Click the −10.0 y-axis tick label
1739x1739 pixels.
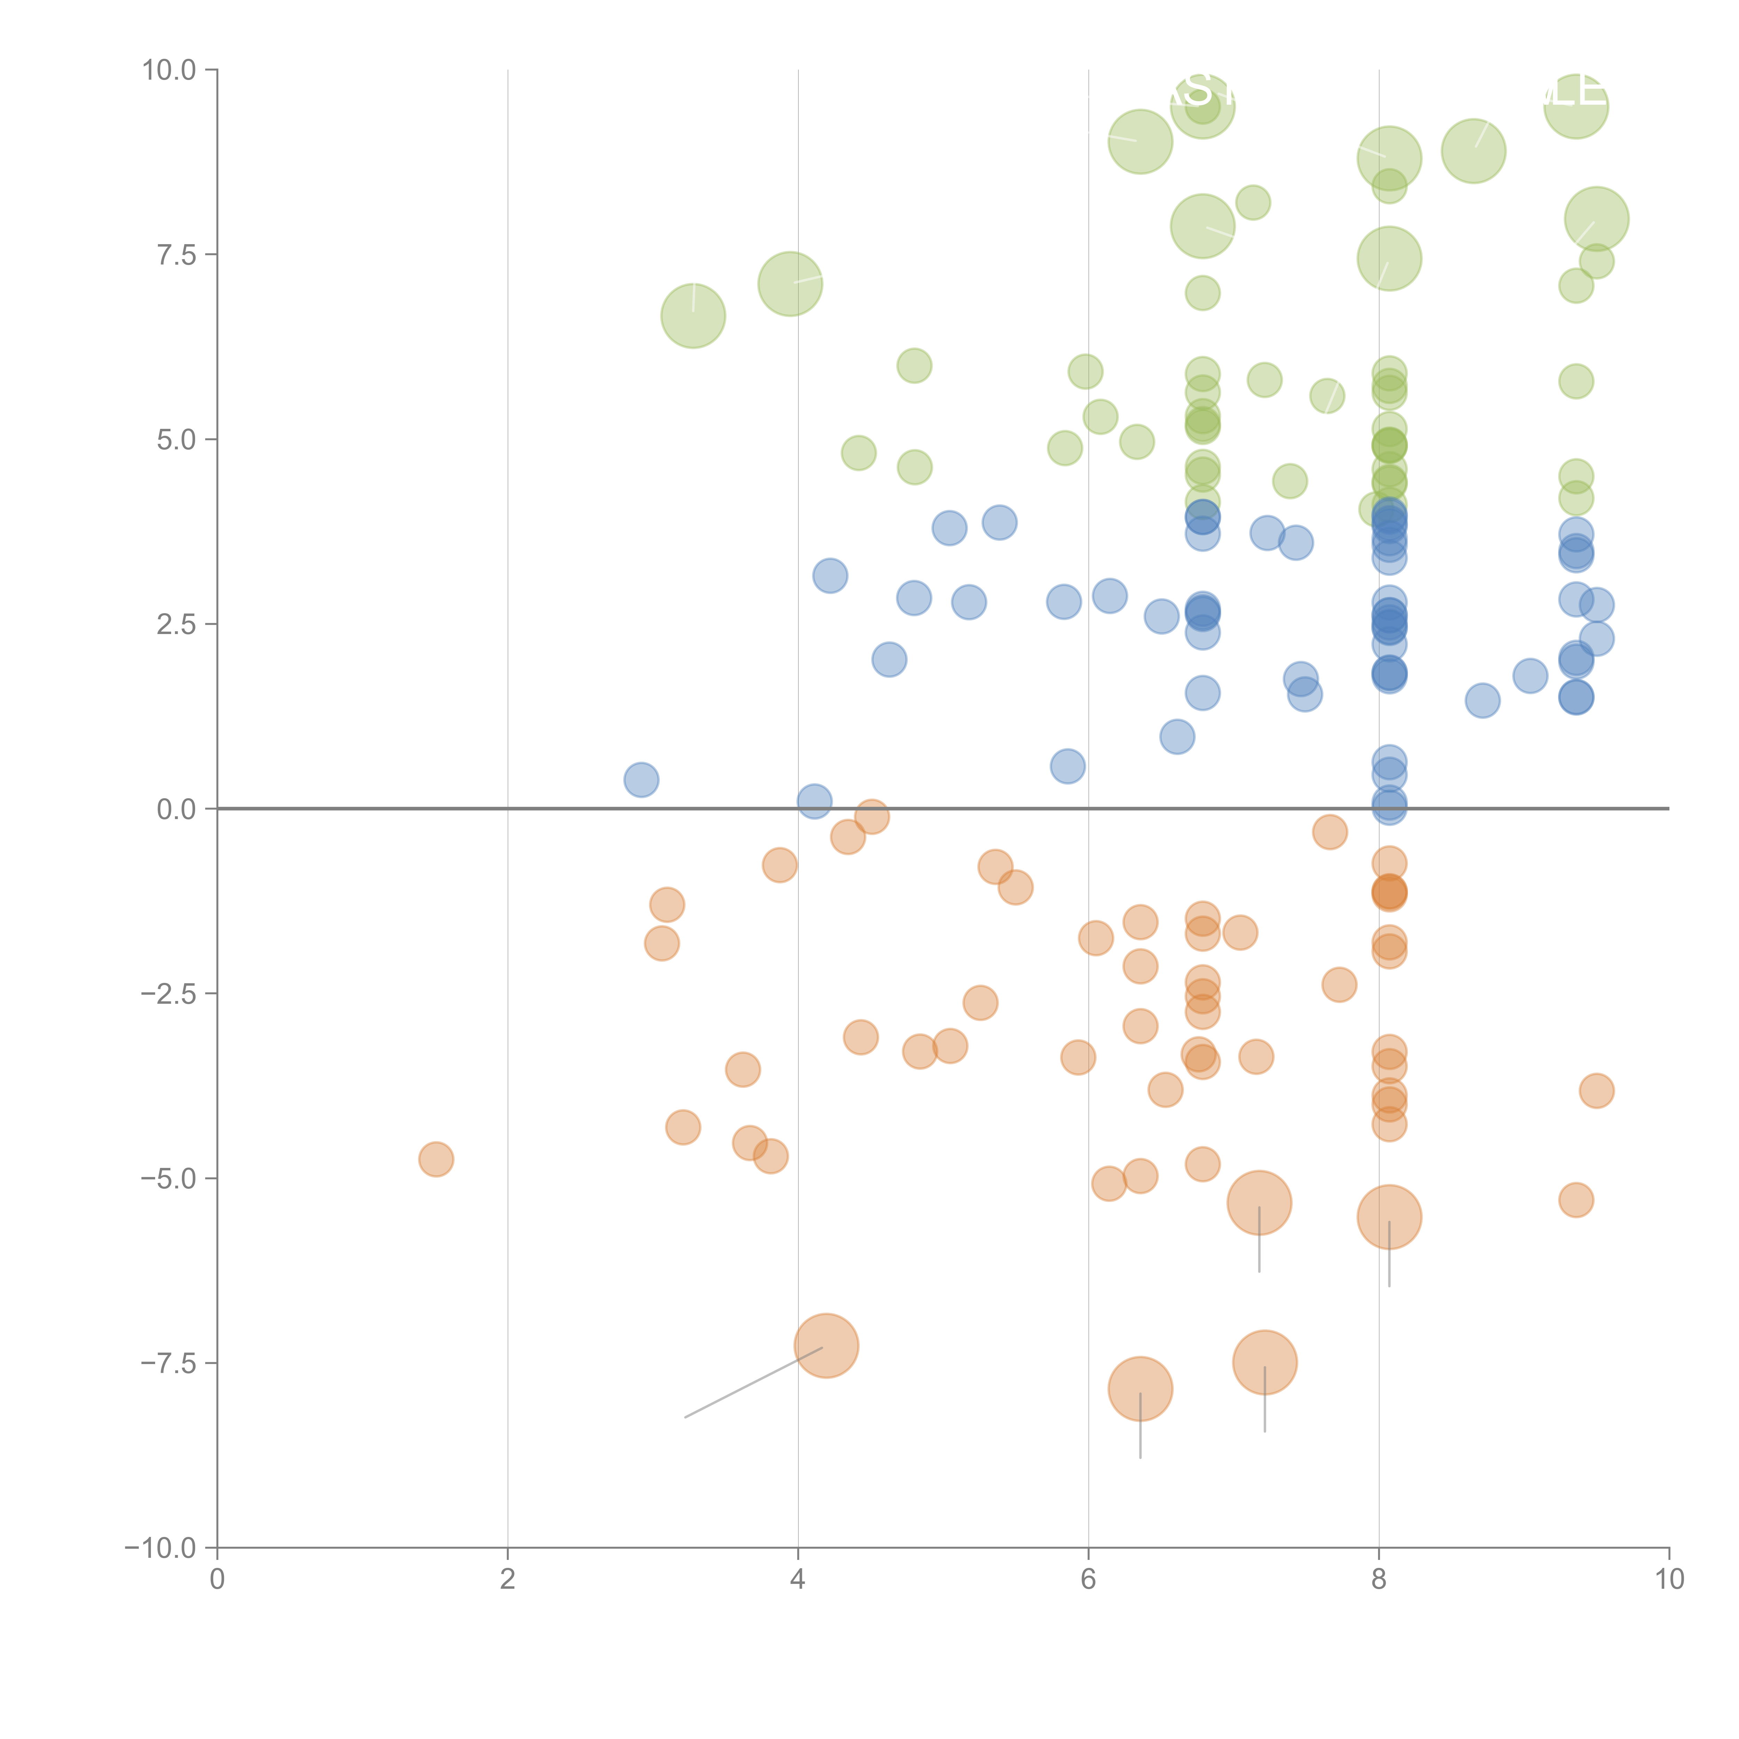tap(160, 1548)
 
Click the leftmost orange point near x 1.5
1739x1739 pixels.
tap(436, 1159)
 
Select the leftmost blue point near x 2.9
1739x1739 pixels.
tap(641, 779)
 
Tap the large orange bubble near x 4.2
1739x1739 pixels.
tap(826, 1346)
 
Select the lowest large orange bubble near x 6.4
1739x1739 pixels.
tap(1140, 1388)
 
